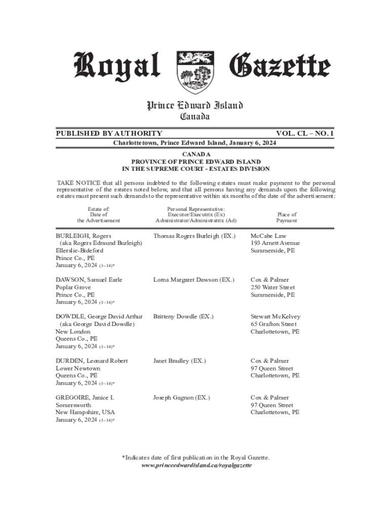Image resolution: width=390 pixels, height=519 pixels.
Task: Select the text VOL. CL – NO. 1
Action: (x=305, y=133)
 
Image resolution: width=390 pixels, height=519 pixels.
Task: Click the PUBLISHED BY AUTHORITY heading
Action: (x=109, y=133)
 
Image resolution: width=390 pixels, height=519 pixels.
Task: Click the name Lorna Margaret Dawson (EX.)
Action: (x=193, y=280)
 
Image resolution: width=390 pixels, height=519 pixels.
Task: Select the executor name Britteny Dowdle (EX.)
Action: (x=183, y=317)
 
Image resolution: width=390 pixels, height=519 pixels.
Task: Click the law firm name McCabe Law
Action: (x=268, y=236)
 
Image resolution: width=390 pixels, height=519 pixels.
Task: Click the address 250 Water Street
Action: (x=272, y=287)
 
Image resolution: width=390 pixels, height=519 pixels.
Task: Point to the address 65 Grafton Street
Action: (x=274, y=324)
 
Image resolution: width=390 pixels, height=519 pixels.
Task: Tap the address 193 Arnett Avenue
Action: (x=275, y=243)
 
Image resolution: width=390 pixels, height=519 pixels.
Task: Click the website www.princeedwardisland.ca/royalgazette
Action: (x=196, y=465)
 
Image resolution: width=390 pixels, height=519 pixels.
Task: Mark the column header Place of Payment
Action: (x=286, y=217)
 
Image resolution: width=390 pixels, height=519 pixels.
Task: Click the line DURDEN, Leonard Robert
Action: (x=92, y=361)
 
